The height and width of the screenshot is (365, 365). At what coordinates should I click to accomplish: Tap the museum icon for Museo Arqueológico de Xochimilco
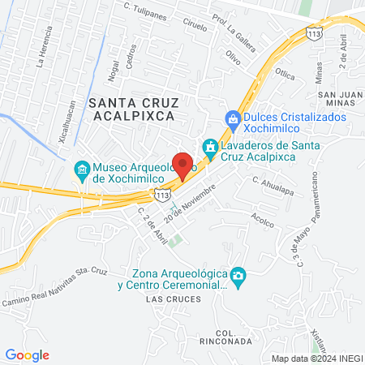pos(81,170)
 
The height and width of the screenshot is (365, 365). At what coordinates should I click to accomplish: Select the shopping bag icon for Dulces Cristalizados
pos(234,118)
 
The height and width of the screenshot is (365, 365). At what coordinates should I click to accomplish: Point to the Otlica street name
pos(285,72)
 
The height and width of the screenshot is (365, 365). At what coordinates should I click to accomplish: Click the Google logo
pos(28,354)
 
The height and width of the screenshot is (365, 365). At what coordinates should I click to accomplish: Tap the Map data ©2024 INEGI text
pos(316,358)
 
